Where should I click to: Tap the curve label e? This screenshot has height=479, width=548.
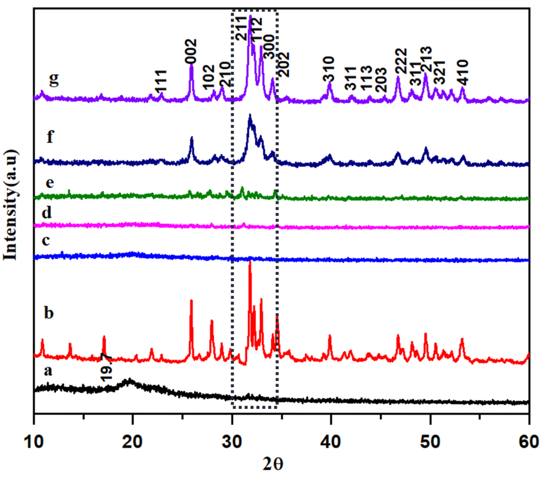[50, 183]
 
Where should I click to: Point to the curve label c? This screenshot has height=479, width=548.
[46, 241]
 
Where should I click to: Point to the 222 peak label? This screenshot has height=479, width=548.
[401, 61]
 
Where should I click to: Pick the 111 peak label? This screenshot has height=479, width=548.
[161, 81]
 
